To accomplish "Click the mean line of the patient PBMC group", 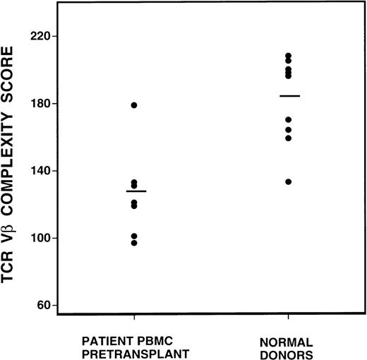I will click(136, 191).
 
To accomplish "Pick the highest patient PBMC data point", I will click(134, 105).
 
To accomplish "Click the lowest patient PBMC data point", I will click(134, 243).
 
